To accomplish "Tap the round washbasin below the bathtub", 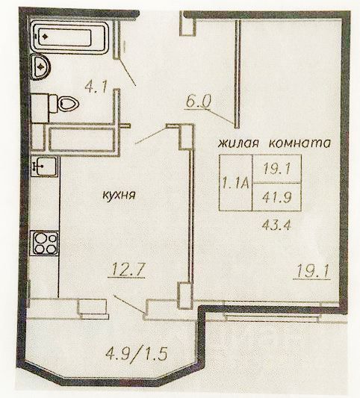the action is click(x=41, y=67).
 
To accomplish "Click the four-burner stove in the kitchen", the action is click(x=45, y=243).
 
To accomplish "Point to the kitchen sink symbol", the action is click(x=45, y=166).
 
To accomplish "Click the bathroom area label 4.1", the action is click(x=96, y=87).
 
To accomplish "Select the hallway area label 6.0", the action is click(x=198, y=102).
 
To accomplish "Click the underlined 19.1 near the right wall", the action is click(x=312, y=272).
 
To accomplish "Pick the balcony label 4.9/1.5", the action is click(x=136, y=353).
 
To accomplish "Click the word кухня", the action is click(x=119, y=195).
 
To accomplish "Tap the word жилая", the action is click(x=238, y=143).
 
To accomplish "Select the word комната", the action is click(x=300, y=143).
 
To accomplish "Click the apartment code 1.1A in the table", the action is click(x=235, y=183).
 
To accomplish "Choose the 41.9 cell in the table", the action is click(x=277, y=197).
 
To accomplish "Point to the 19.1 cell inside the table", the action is click(x=277, y=169).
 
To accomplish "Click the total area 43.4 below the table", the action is click(x=276, y=224).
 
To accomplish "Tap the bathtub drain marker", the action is click(x=45, y=37).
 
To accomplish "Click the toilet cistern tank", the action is click(x=53, y=104).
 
